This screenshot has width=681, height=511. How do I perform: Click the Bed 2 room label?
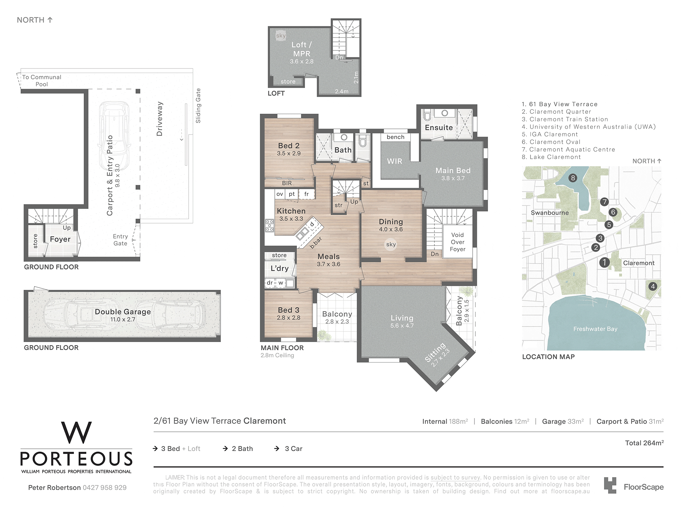point(289,146)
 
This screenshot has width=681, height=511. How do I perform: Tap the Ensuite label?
point(439,128)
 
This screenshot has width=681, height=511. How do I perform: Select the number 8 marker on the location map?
point(573,178)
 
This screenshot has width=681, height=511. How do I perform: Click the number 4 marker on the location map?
point(653,286)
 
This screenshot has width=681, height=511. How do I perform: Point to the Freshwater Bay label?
point(595,329)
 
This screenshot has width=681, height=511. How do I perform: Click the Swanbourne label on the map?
point(550,213)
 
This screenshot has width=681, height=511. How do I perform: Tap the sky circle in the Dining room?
point(391,244)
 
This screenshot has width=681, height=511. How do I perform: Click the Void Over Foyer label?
point(458,242)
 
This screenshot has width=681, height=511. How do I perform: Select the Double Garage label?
point(123,312)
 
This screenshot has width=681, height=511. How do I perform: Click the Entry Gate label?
point(121,240)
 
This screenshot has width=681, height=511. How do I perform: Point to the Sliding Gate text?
point(198,106)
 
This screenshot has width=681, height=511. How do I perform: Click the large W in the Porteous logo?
point(76,433)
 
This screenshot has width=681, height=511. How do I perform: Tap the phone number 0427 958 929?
point(105,488)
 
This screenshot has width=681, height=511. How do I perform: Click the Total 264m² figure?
point(644,443)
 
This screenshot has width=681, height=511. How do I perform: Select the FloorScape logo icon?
point(610,485)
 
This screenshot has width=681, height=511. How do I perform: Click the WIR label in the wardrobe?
point(395,161)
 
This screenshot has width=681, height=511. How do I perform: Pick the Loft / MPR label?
point(302,49)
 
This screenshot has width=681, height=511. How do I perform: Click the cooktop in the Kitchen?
point(269,226)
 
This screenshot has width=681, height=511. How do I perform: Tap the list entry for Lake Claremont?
point(551,157)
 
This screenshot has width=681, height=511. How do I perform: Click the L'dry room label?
point(280,268)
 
